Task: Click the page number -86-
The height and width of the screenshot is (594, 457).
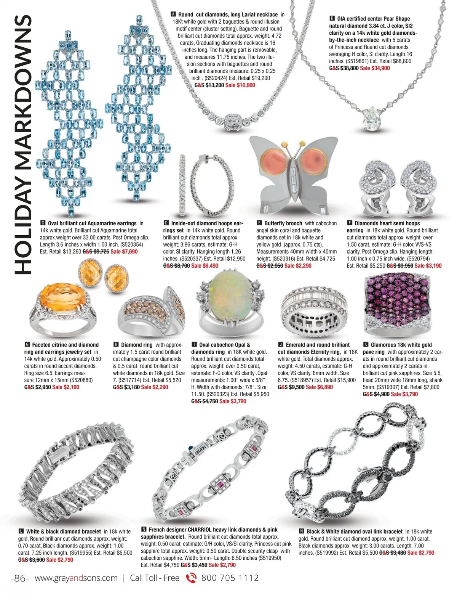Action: click(20, 578)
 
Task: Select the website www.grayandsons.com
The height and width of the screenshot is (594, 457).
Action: click(76, 578)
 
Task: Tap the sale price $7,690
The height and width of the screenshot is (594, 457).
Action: click(124, 252)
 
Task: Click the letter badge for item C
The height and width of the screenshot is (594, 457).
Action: click(43, 223)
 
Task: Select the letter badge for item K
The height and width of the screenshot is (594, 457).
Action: click(366, 345)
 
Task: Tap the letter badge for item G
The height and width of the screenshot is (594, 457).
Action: click(27, 345)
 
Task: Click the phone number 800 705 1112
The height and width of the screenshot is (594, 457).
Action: click(230, 578)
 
